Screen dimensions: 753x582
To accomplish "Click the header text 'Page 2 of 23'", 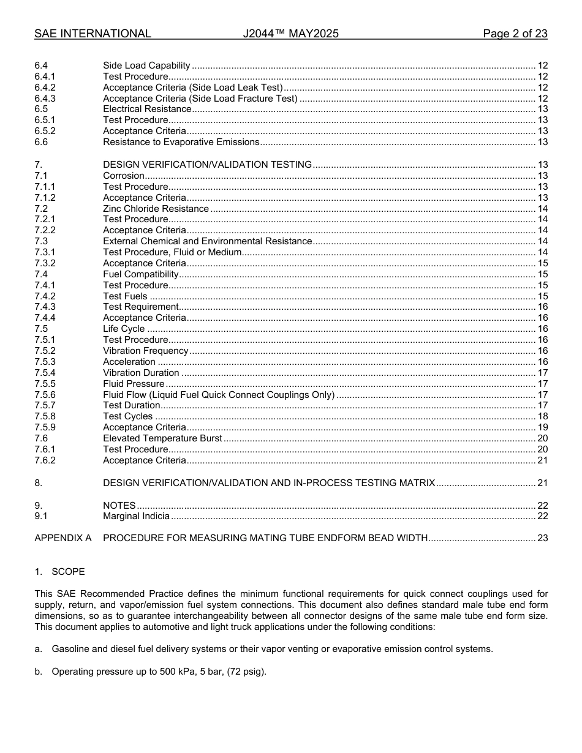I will (x=515, y=34).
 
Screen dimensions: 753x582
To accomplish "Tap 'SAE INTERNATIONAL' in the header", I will (x=93, y=34).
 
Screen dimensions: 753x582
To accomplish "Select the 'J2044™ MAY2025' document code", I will (x=290, y=34).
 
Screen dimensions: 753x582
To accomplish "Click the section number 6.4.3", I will (x=45, y=99).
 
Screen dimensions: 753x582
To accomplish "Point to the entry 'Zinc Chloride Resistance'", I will (x=156, y=209).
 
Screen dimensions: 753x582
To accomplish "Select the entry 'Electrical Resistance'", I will (x=147, y=109).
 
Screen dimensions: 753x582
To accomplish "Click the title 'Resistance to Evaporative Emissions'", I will (x=181, y=142).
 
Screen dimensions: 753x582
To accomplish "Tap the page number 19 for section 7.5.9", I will (x=542, y=427).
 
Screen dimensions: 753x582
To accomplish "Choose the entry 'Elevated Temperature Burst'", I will (x=162, y=438).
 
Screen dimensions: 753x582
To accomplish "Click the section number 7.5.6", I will (x=45, y=395).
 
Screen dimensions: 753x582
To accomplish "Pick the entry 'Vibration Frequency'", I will (x=146, y=351).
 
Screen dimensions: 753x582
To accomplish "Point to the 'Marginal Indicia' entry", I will (x=136, y=516).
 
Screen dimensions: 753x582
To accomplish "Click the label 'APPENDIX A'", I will (x=63, y=538).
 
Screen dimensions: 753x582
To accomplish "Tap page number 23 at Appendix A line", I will (x=542, y=538).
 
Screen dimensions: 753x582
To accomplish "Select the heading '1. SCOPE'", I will (x=59, y=572).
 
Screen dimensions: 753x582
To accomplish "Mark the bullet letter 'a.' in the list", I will (x=39, y=649).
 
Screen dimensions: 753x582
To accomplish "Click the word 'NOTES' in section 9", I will (x=119, y=506).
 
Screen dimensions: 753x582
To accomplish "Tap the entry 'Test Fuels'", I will (x=125, y=296).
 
